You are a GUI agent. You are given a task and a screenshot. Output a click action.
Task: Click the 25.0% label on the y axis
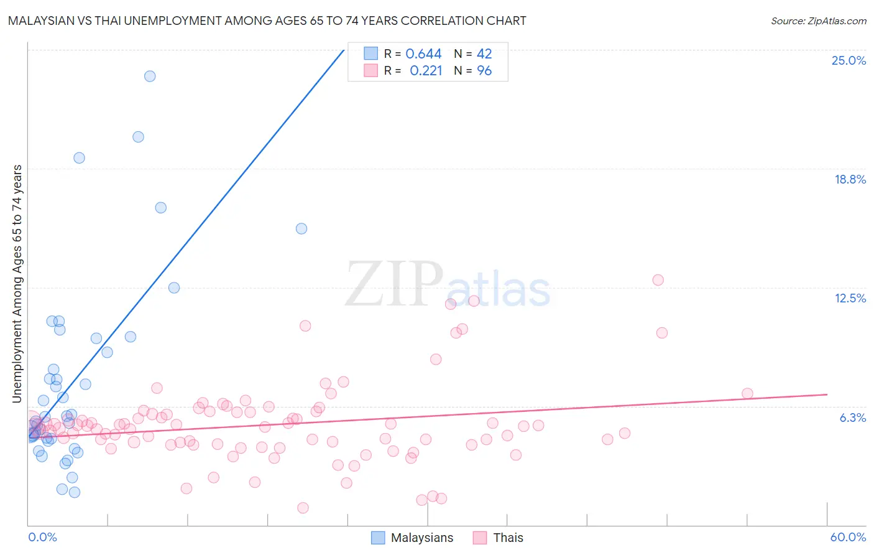pos(849,60)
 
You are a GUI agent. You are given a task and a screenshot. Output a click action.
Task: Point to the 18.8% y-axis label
pos(850,179)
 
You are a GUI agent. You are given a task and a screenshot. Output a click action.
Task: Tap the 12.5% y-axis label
pos(850,298)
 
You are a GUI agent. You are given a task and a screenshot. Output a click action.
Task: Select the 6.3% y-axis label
pos(852,417)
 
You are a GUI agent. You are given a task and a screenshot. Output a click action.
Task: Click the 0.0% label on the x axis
pos(42,537)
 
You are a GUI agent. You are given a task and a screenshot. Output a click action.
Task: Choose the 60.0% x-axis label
pos(847,537)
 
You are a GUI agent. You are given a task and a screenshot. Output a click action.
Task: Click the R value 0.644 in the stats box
pos(423,54)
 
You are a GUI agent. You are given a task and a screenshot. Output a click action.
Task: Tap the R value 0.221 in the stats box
pos(426,71)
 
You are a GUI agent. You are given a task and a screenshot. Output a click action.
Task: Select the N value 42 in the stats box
pos(484,54)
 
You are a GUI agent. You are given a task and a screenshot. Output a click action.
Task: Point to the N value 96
pos(484,71)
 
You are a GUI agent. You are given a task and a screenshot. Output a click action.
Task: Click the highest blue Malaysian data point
pos(150,77)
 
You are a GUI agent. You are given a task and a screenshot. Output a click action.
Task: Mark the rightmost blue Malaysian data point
pos(301,228)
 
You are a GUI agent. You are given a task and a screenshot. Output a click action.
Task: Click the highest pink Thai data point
pos(658,280)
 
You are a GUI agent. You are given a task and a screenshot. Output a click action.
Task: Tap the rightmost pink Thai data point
pos(747,393)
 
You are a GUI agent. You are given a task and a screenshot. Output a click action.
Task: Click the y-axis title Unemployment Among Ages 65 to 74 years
pos(17,283)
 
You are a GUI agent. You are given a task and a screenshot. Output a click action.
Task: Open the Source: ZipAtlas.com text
pos(818,21)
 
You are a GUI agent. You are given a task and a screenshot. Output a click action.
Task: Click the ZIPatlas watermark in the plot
pos(448,285)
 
